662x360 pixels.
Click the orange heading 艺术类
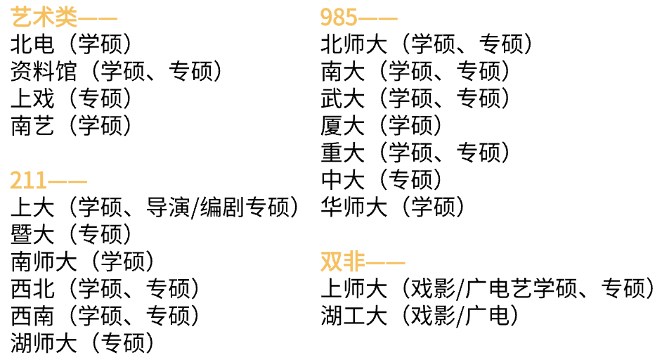click(44, 17)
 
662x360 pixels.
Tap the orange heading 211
click(29, 181)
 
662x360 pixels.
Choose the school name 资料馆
click(44, 71)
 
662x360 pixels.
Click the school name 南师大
click(44, 262)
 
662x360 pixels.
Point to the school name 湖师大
click(44, 343)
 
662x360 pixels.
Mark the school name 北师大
click(353, 44)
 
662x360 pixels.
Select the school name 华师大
click(353, 207)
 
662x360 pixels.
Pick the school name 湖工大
click(353, 316)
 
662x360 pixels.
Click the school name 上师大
click(353, 288)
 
